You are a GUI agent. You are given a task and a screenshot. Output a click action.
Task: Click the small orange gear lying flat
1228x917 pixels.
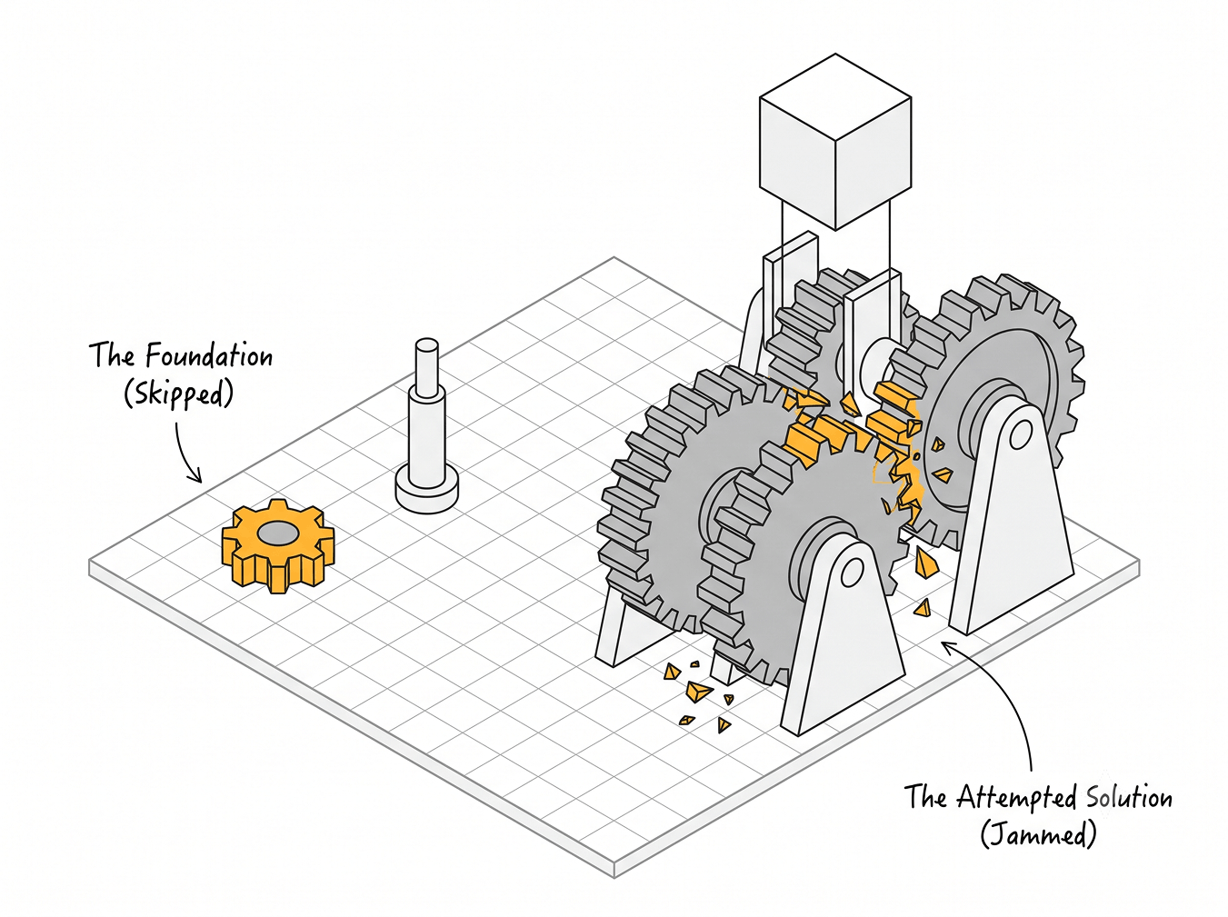click(277, 544)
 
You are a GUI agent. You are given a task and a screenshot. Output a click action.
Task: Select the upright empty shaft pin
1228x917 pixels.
click(426, 426)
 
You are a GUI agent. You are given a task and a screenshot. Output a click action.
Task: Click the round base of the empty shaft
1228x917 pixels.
click(427, 491)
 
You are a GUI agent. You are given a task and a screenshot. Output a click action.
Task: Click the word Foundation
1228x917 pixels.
click(209, 356)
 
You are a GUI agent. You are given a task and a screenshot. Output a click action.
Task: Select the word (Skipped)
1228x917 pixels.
click(178, 395)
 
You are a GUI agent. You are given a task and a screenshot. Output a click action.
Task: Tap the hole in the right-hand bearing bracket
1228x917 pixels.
click(1021, 434)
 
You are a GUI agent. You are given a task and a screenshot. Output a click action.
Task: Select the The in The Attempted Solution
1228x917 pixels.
click(927, 797)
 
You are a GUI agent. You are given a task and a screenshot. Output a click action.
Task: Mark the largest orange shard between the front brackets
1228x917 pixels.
click(699, 692)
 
